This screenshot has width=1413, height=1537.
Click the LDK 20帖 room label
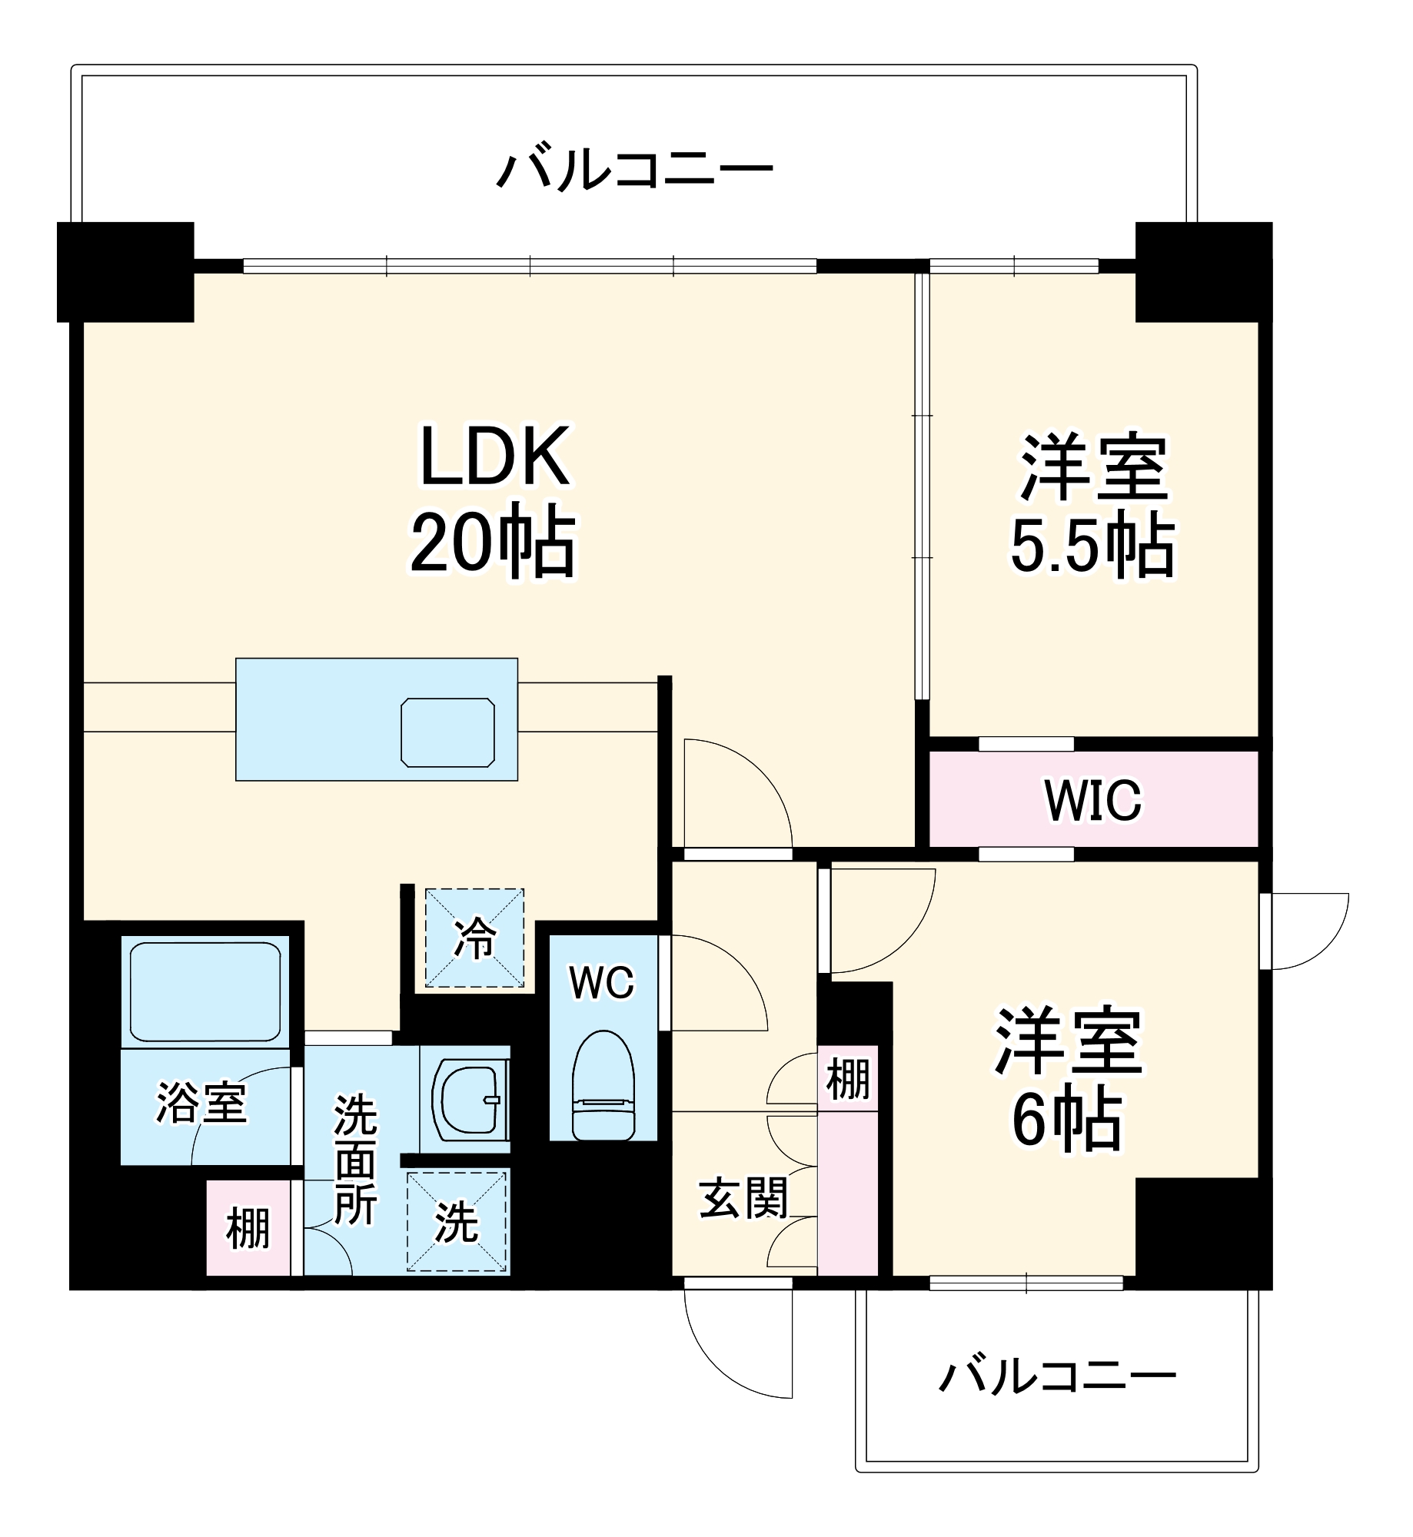[494, 500]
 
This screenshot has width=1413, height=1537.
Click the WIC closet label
[1092, 800]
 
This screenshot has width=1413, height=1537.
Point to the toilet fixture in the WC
[603, 1087]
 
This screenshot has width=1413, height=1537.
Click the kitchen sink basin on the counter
[447, 732]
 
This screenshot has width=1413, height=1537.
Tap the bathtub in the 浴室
[205, 992]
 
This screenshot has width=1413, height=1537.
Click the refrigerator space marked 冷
[475, 938]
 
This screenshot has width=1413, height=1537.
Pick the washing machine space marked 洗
[457, 1222]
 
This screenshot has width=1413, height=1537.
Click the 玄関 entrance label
[743, 1198]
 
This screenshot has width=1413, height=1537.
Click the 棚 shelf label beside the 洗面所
[248, 1228]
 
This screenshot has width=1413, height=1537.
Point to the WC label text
[601, 982]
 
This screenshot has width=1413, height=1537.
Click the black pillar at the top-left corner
[125, 271]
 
